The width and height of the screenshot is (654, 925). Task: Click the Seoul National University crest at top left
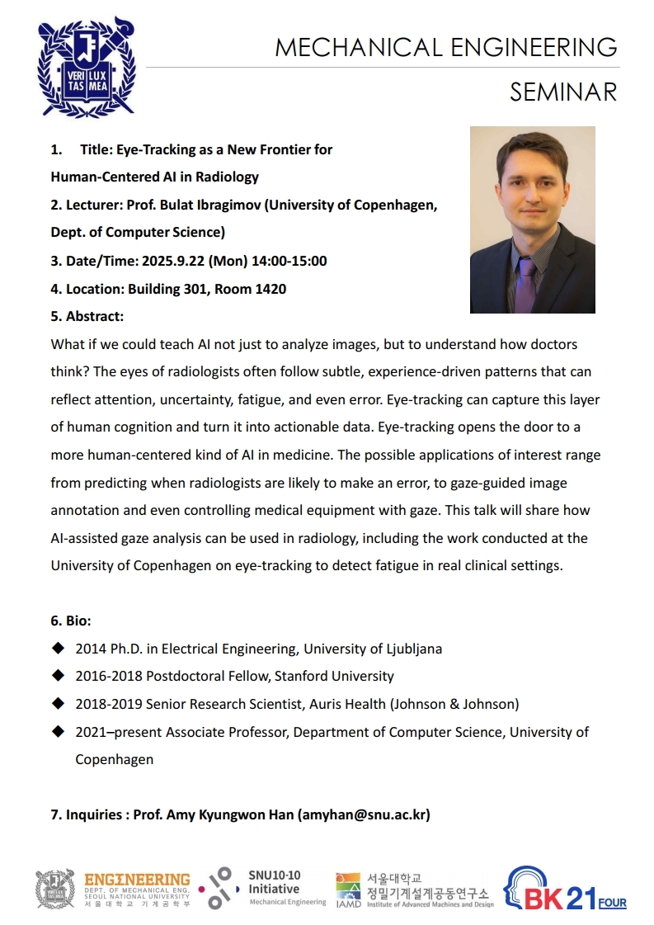pos(86,66)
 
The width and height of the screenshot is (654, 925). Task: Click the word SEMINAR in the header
pos(562,92)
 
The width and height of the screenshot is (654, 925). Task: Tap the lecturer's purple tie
pos(525,281)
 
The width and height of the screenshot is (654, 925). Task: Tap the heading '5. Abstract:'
pos(87,316)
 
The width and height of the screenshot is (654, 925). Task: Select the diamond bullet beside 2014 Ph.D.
pos(58,648)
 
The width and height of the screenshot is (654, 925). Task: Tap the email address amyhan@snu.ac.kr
pos(364,814)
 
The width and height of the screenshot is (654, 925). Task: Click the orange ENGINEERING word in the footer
pos(137,880)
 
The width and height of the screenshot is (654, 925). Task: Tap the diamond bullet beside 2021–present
pos(58,731)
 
